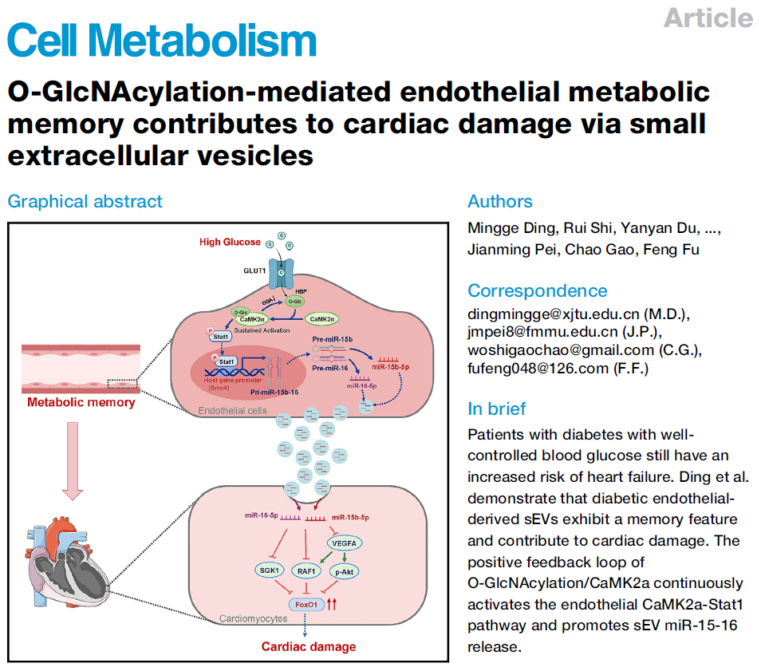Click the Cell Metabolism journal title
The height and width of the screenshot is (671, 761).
point(163,41)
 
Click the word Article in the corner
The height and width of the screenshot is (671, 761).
point(708,18)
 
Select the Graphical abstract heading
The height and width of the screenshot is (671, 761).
point(85,201)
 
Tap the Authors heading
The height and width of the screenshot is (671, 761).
point(500,201)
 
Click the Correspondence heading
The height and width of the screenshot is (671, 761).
point(537,290)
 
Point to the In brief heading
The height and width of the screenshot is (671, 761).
point(496,409)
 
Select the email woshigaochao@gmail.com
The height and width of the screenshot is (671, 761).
point(562,350)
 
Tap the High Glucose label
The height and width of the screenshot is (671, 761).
point(231,242)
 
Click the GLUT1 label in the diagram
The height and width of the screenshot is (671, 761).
point(254,270)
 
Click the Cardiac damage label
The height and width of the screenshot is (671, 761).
point(309,645)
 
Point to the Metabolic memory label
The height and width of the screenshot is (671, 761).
point(81,401)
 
